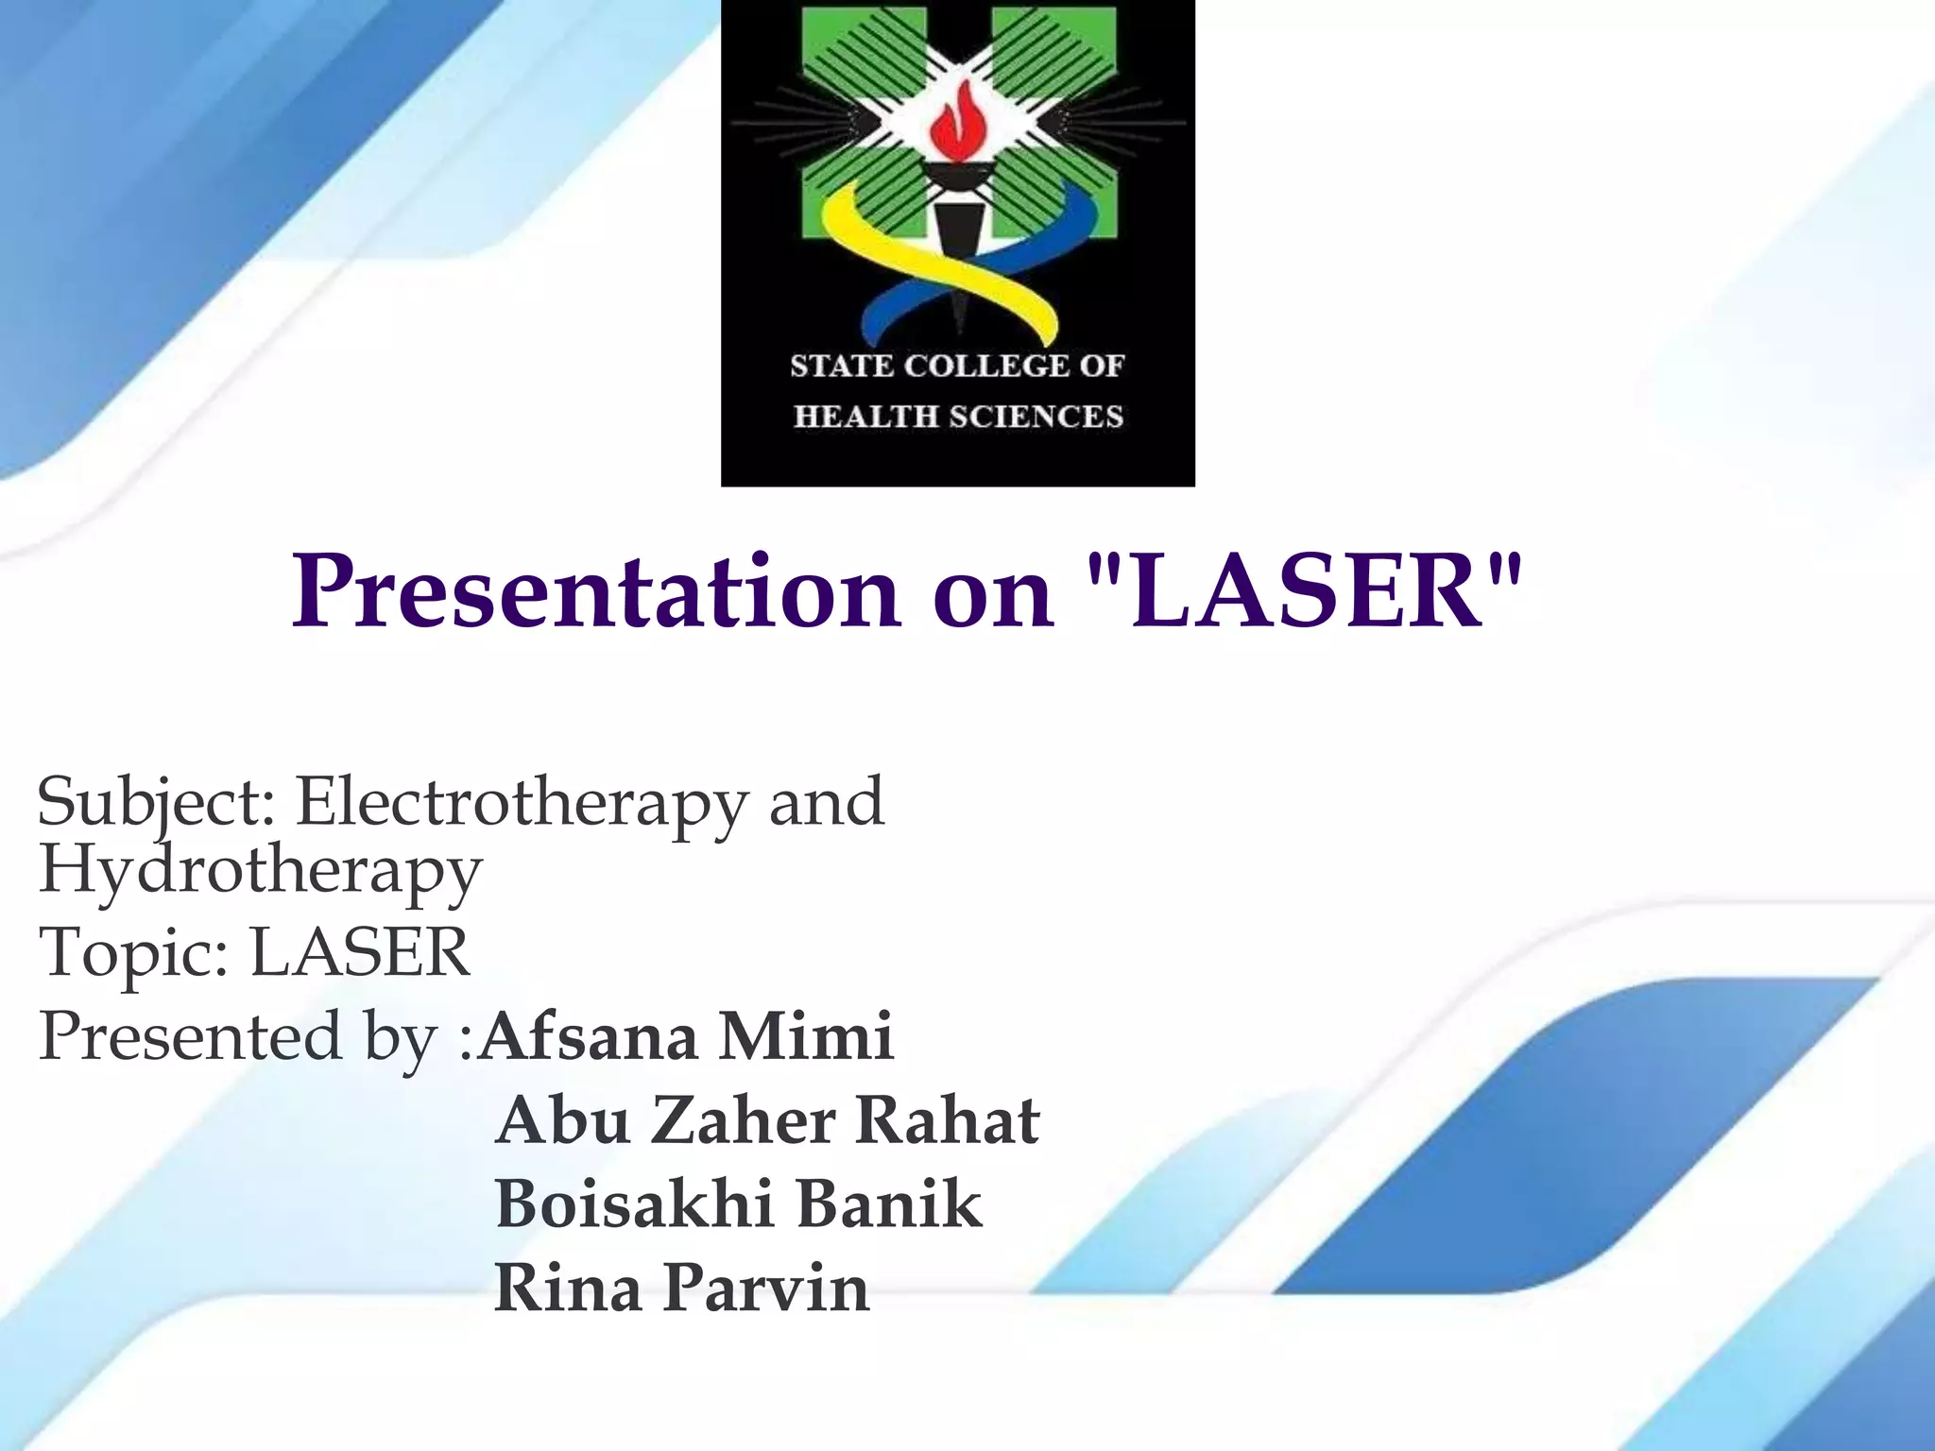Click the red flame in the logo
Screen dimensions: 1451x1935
(956, 124)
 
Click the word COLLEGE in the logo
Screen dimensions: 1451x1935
(981, 366)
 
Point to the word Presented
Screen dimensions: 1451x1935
(189, 1036)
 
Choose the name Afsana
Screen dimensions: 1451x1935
(589, 1036)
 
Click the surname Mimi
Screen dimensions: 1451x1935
(805, 1036)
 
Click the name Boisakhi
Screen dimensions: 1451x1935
(629, 1204)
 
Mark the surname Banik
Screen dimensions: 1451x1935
(888, 1204)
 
